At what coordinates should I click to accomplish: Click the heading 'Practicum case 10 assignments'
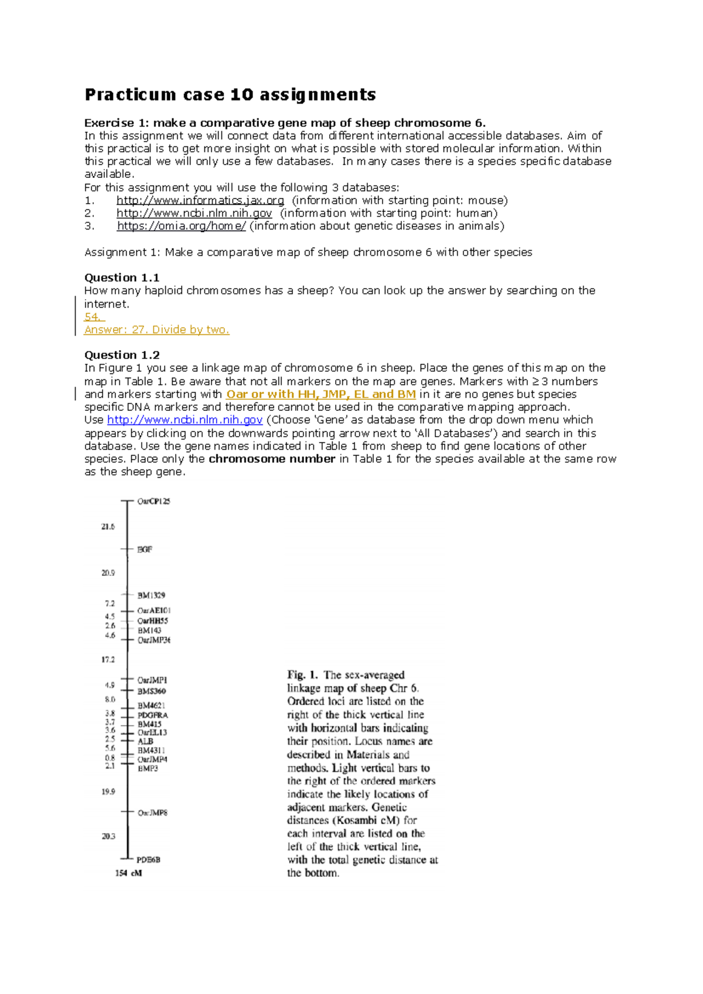click(x=230, y=95)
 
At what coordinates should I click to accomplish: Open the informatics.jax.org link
click(x=200, y=200)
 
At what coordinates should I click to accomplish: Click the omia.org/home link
click(x=181, y=226)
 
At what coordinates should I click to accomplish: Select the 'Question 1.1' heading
click(x=122, y=277)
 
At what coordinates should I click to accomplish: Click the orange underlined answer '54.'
click(x=94, y=317)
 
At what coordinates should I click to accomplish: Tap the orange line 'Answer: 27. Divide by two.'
click(x=156, y=330)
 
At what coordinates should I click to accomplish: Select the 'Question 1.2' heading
click(x=122, y=355)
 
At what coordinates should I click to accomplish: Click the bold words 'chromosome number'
click(x=272, y=459)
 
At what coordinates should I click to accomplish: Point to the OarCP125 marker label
click(x=153, y=501)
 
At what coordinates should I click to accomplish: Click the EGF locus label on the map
click(x=145, y=549)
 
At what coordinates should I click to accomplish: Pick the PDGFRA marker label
click(x=152, y=715)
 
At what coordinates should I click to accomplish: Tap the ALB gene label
click(x=145, y=741)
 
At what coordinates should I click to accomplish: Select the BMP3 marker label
click(x=148, y=768)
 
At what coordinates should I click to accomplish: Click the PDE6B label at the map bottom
click(x=148, y=859)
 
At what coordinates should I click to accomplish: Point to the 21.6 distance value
click(x=108, y=526)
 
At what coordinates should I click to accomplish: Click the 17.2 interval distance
click(x=108, y=659)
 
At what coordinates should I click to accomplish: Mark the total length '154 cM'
click(x=128, y=873)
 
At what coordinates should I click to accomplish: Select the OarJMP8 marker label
click(x=152, y=813)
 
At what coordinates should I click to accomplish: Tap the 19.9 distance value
click(x=108, y=791)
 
